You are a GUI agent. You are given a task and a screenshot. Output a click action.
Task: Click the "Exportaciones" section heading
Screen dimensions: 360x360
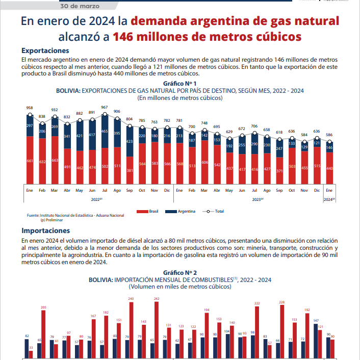pos(45,51)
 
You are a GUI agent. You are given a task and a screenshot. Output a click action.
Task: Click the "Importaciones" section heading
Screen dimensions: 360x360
pos(46,230)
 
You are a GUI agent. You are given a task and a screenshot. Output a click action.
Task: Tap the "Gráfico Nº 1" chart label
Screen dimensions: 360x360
pos(180,83)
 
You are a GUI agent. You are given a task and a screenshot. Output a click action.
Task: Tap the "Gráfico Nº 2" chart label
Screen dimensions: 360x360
pos(180,273)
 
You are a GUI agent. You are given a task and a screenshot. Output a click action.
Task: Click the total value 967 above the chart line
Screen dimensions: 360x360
pos(105,108)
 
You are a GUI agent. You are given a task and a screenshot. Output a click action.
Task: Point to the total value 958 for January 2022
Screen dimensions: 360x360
pos(30,108)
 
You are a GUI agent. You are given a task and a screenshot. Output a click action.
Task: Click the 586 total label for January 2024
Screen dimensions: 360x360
pos(329,135)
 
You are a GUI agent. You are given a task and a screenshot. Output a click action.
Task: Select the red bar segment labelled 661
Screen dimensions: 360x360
pos(30,161)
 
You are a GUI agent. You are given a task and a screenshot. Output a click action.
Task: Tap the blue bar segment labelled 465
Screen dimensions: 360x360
pos(105,132)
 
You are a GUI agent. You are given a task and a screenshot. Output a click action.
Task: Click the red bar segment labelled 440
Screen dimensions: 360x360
pos(329,168)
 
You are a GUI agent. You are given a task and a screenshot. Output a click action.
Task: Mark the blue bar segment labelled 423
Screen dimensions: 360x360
pos(130,141)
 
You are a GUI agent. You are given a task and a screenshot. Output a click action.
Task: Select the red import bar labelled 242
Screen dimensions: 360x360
pos(156,329)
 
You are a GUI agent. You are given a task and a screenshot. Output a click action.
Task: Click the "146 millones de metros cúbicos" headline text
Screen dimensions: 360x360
pos(207,37)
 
